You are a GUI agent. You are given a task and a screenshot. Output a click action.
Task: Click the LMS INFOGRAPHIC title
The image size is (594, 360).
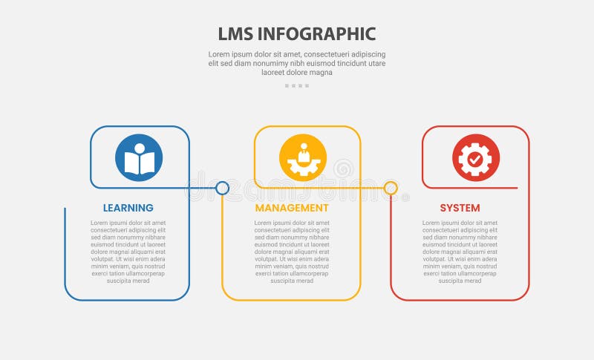[297, 34]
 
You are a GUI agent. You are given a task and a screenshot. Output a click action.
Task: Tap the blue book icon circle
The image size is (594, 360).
[139, 158]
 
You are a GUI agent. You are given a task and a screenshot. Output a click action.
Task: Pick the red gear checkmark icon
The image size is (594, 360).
[476, 158]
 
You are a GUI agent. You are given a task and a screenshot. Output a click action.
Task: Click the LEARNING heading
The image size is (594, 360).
[128, 208]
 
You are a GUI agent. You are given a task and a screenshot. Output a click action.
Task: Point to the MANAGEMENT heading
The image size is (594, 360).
[292, 208]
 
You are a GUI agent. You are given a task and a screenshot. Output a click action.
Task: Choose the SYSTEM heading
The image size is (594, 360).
[460, 208]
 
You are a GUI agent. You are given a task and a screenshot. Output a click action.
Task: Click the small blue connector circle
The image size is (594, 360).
[222, 189]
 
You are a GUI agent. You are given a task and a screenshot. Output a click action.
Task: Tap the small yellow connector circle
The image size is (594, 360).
[391, 189]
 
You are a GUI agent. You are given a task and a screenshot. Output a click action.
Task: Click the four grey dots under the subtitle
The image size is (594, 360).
[297, 86]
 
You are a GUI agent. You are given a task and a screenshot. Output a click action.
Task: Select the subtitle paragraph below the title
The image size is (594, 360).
[297, 63]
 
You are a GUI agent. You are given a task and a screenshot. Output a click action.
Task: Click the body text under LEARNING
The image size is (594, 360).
[128, 252]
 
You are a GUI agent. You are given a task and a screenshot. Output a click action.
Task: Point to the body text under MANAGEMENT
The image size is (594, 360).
[292, 252]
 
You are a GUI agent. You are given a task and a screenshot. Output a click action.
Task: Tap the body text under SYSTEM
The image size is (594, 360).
[460, 252]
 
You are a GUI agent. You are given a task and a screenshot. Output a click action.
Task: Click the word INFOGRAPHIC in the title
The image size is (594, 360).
[318, 34]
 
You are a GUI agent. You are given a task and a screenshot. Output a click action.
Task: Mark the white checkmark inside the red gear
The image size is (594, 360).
[476, 159]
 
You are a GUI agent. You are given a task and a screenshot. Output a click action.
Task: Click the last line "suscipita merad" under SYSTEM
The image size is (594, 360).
[460, 281]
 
